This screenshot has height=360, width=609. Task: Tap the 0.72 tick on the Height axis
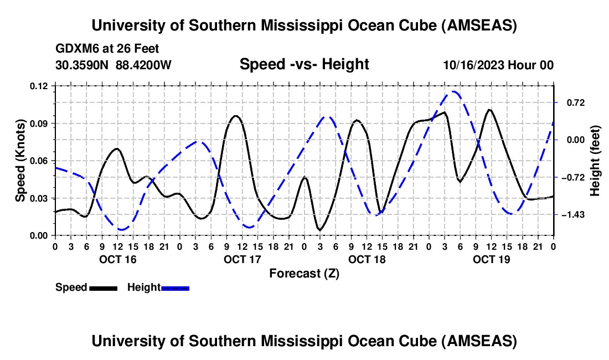click(570, 102)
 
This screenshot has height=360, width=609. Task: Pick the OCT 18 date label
click(367, 259)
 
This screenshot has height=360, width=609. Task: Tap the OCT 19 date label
click(491, 259)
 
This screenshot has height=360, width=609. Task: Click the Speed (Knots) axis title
click(20, 160)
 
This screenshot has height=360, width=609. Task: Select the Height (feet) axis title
click(595, 160)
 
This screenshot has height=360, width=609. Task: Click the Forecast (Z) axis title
click(304, 273)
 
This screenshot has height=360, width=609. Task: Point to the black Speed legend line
click(103, 288)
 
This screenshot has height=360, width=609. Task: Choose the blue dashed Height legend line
click(175, 288)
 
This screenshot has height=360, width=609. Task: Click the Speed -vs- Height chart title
click(304, 64)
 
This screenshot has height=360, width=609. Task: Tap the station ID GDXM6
click(74, 49)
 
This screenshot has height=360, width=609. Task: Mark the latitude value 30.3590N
click(82, 65)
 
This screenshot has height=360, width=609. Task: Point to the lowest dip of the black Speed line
click(319, 230)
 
